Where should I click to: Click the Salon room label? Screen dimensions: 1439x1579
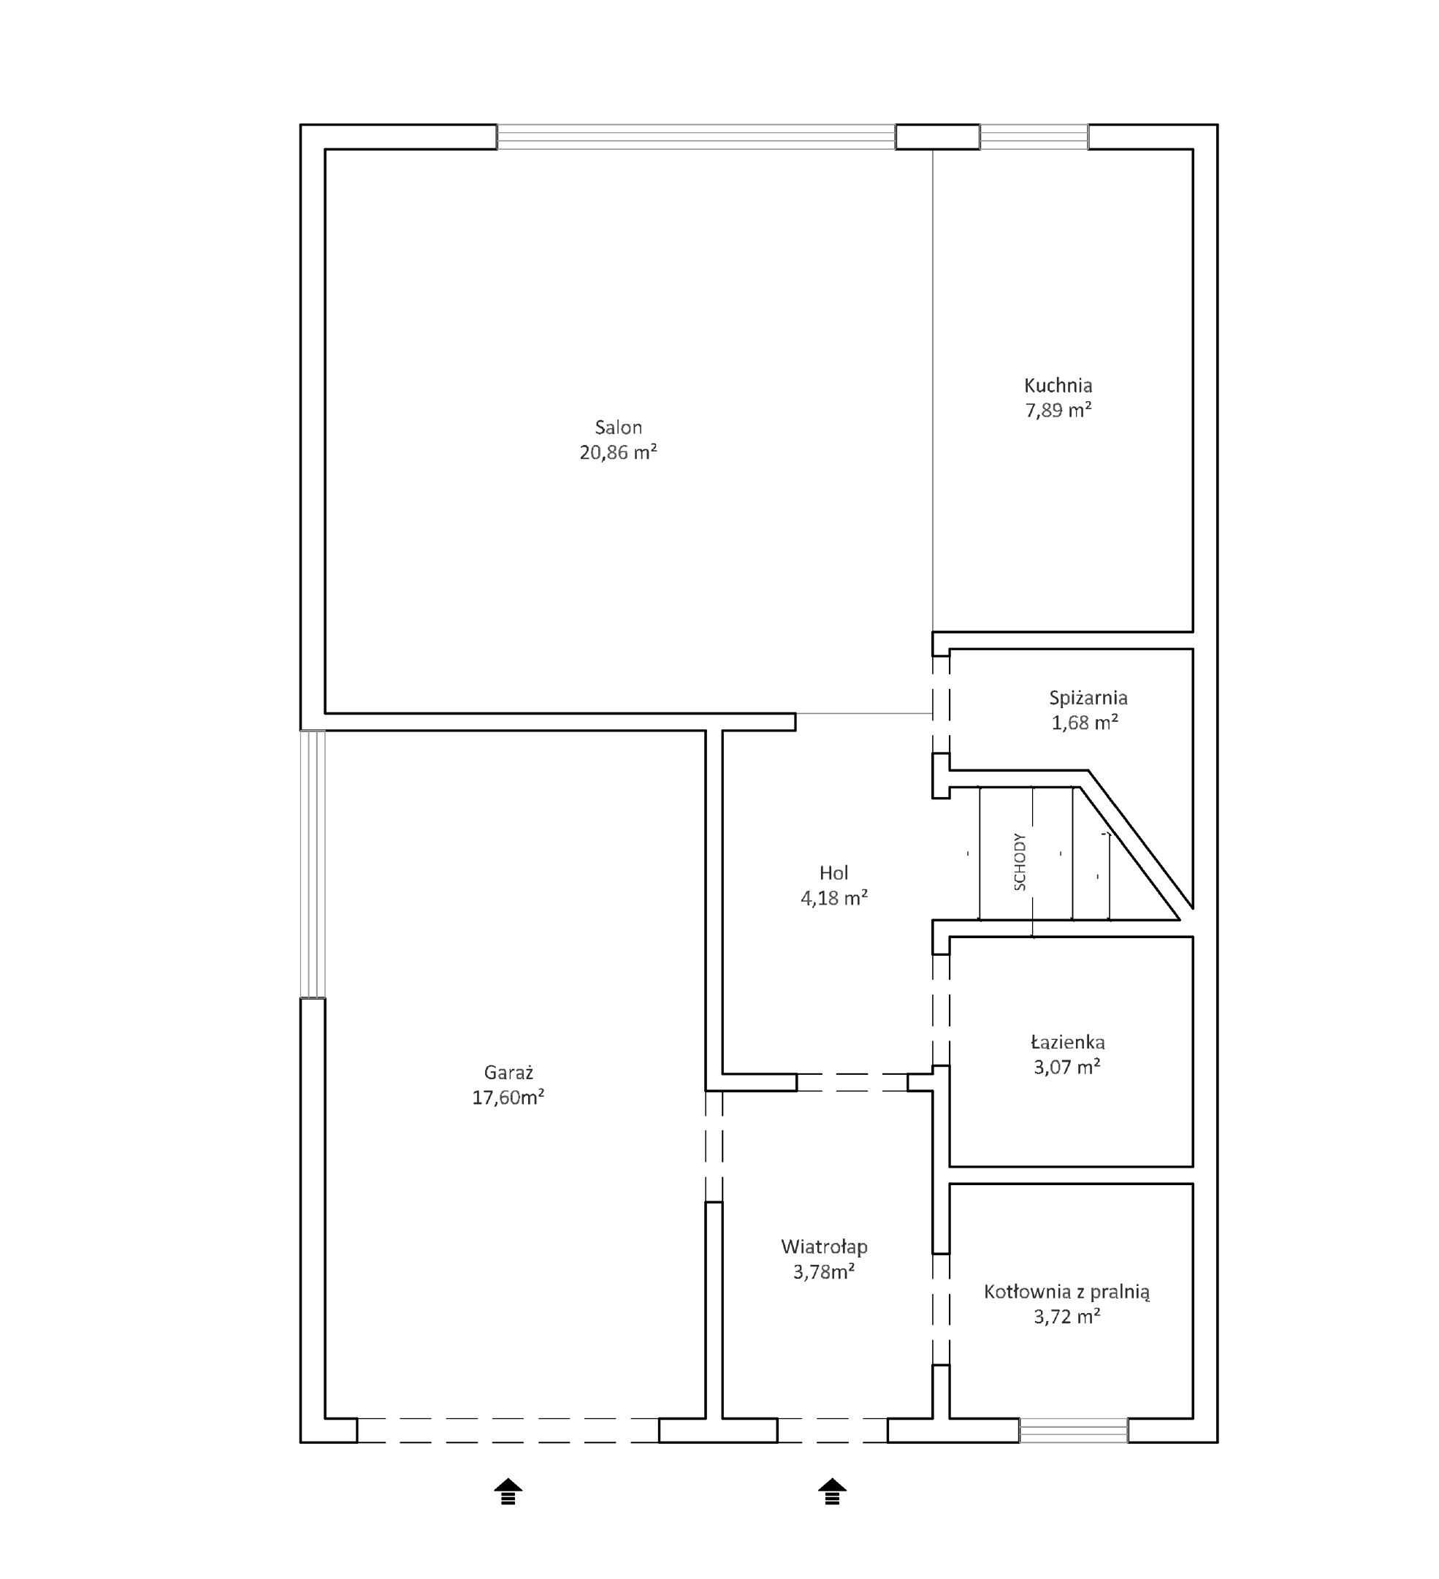(618, 427)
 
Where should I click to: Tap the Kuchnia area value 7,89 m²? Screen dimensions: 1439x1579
(1058, 410)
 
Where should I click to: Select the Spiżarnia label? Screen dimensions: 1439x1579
(1088, 698)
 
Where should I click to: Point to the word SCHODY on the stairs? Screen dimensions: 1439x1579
(1020, 861)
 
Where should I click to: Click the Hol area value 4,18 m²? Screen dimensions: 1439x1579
(833, 897)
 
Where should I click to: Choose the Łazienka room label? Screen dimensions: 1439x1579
(1068, 1043)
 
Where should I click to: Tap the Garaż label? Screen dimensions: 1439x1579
(508, 1072)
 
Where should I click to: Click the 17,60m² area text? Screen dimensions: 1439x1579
(508, 1097)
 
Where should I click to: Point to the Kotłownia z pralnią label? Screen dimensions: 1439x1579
(1067, 1292)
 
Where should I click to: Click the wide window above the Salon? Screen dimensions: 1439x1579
(696, 137)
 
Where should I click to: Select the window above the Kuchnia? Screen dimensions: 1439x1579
(1034, 137)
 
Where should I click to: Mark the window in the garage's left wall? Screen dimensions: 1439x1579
(313, 864)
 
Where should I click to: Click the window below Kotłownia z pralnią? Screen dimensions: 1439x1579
(1073, 1430)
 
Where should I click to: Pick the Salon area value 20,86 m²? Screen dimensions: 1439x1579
(618, 452)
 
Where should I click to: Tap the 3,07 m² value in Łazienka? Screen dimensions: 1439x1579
(1067, 1067)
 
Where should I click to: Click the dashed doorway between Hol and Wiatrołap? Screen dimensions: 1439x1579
(852, 1082)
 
